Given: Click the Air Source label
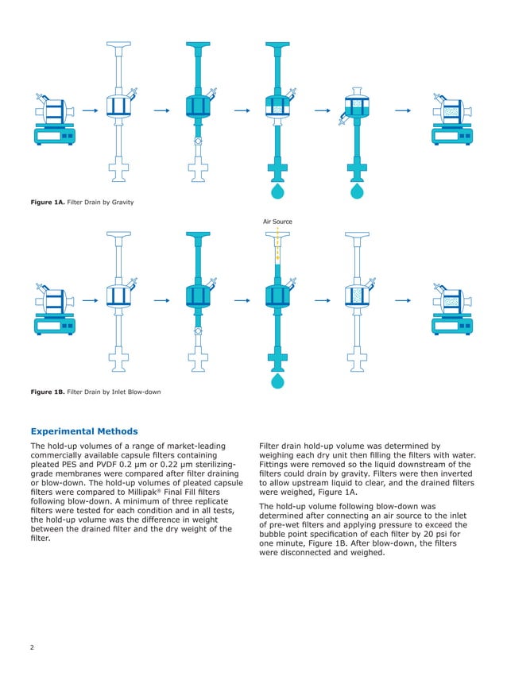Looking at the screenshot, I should tap(277, 221).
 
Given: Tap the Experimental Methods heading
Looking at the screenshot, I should tap(83, 431).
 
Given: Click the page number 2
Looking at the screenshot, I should tap(32, 648).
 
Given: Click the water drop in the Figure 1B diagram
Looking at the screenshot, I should tap(277, 382).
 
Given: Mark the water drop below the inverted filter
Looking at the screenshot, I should tap(356, 192).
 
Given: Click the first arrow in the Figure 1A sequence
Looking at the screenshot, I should tap(90, 111).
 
